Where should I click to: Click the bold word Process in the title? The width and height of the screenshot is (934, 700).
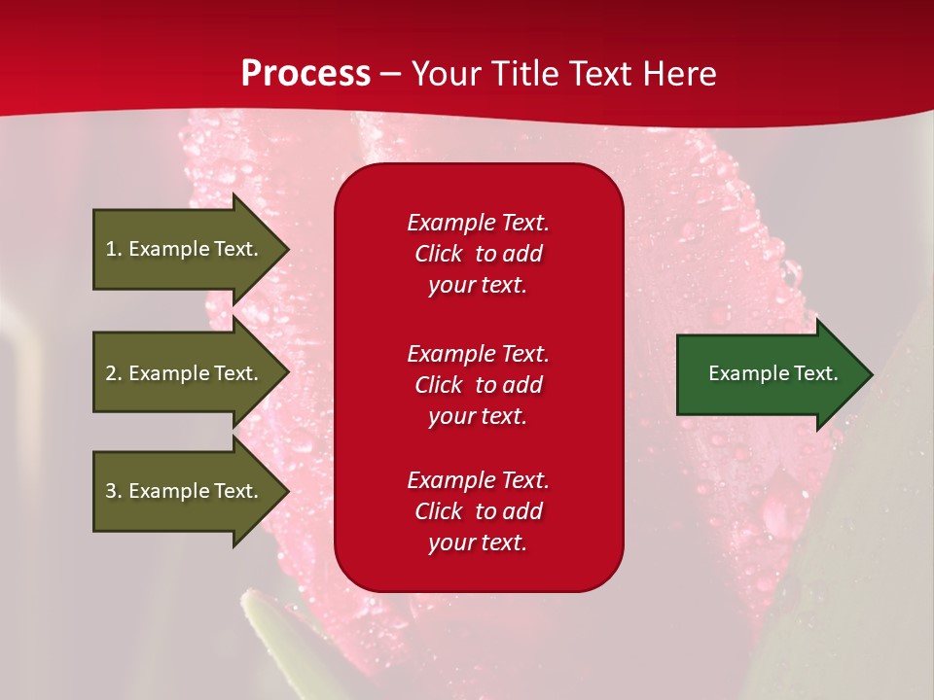(x=305, y=74)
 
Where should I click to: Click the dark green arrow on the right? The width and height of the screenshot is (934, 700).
(x=769, y=374)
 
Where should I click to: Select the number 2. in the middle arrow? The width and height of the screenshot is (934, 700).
(x=113, y=373)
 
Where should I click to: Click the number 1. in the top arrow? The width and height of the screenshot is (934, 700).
(x=113, y=249)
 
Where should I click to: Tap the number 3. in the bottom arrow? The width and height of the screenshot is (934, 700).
(x=113, y=491)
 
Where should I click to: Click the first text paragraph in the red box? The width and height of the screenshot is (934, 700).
(x=478, y=254)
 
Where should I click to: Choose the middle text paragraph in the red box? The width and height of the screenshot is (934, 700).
(x=478, y=385)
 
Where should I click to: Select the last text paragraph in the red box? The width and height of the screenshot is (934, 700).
(x=478, y=511)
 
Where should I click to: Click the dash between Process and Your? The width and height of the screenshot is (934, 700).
(x=391, y=75)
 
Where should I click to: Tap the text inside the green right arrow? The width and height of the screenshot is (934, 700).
(x=772, y=373)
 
